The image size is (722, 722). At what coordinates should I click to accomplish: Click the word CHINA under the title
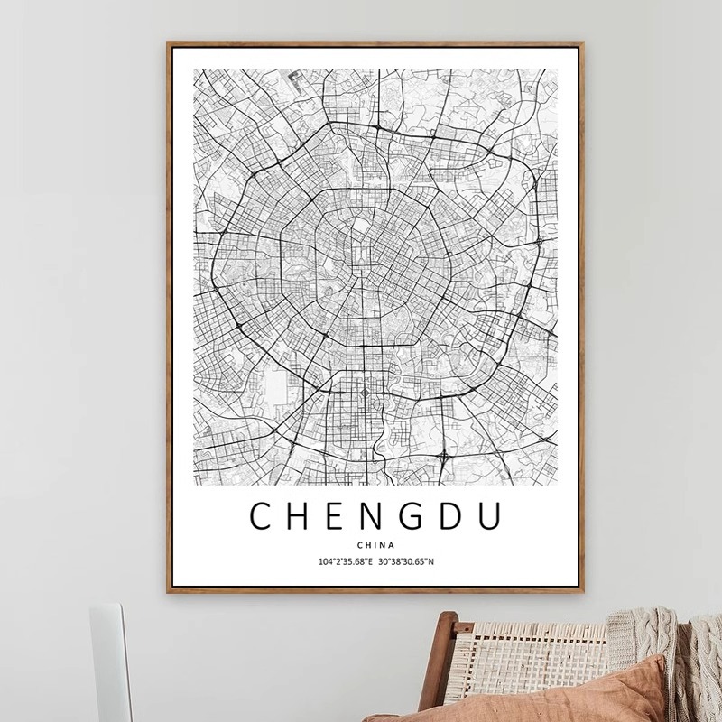tap(375, 544)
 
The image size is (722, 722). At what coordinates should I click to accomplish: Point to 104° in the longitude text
tap(326, 562)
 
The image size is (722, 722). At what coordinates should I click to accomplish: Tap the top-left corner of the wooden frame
tap(168, 41)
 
